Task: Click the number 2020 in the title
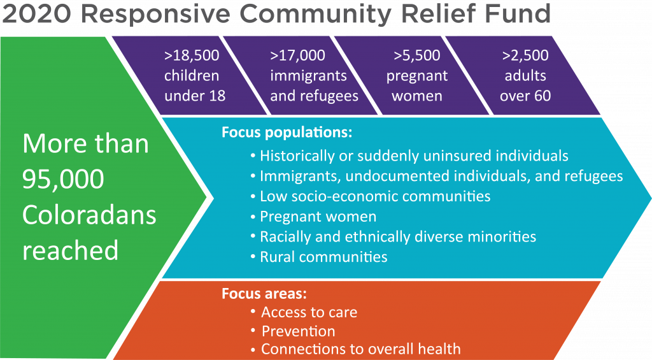pos(36,13)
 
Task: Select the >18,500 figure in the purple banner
pos(192,55)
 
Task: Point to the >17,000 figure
pos(297,55)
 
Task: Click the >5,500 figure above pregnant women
pos(416,55)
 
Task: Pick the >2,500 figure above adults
pos(525,55)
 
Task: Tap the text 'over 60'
pos(525,96)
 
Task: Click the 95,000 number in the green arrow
pos(63,180)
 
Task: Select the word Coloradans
pos(89,215)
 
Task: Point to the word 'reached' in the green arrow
pos(70,250)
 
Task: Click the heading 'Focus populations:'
pos(287,133)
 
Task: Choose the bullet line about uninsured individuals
pos(409,155)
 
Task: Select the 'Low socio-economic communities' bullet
pos(371,196)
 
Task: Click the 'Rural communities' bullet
pos(319,257)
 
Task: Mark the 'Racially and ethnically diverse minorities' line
pos(393,236)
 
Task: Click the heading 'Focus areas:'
pos(264,293)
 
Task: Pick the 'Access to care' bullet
pos(304,312)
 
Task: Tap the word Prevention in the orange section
pos(298,331)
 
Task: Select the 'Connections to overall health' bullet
pos(355,349)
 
